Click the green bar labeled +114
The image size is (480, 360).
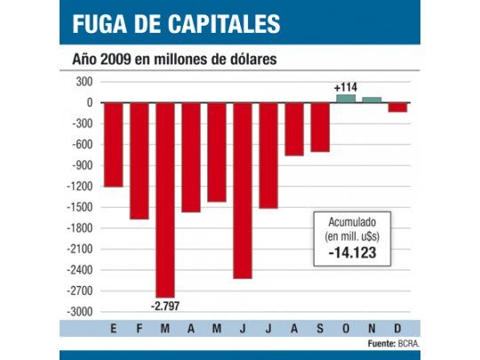[x=345, y=98]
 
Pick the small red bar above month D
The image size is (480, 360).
[x=397, y=107]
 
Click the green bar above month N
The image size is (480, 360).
[x=372, y=100]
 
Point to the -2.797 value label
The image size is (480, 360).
[x=164, y=306]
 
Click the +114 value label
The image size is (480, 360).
[x=345, y=87]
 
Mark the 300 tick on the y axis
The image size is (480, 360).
[x=84, y=82]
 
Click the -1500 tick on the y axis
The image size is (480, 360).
[x=80, y=207]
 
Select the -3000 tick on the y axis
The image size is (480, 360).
[x=80, y=312]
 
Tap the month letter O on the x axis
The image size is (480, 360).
[x=345, y=329]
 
